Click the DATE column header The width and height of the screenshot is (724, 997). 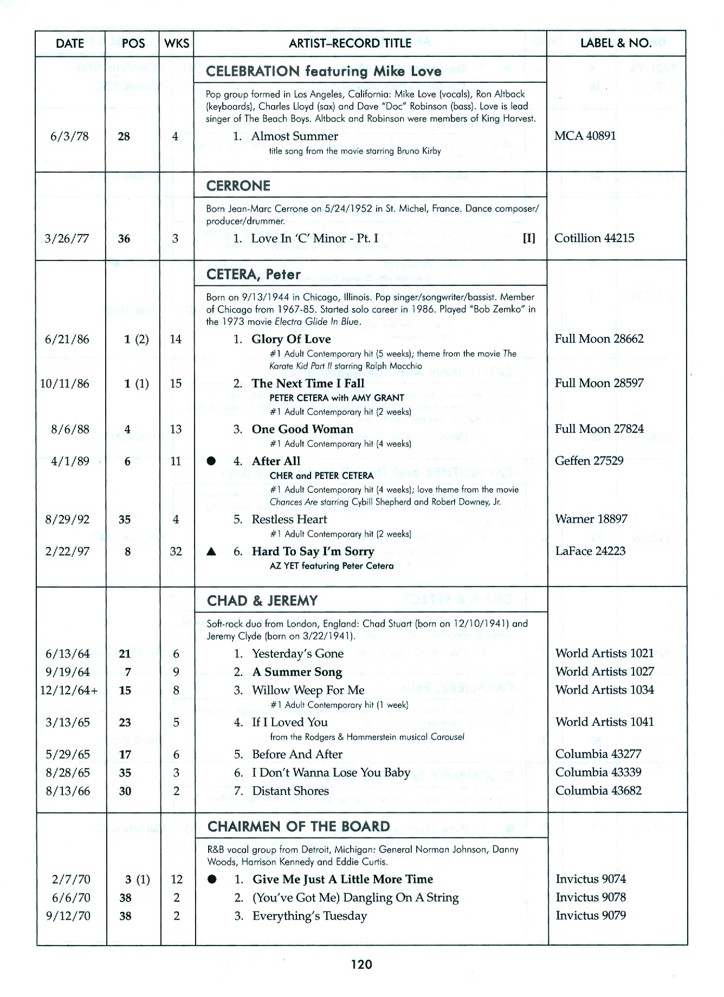pos(70,43)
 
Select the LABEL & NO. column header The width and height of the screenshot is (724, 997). pos(616,43)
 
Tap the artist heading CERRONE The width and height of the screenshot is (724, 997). pos(238,186)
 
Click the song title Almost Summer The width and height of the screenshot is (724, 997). pos(294,136)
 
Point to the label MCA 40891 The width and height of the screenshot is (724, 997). pos(585,135)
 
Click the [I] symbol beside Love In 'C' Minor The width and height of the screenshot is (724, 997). pos(529,238)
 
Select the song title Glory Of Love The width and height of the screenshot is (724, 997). pos(291,339)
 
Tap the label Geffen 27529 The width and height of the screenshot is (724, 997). pos(589,460)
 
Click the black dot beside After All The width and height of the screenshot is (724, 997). pos(211,461)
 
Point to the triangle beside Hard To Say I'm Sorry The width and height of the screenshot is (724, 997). pos(212,552)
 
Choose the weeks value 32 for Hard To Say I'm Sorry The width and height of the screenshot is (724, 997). pos(176,551)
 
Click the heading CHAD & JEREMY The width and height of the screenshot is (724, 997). pos(262,601)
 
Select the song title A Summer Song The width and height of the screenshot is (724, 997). pos(297,672)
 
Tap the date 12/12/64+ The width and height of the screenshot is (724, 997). pos(69,690)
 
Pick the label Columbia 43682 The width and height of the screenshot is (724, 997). pos(598,790)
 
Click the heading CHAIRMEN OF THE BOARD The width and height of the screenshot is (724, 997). pos(299,826)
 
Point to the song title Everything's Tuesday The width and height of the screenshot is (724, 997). pos(309,916)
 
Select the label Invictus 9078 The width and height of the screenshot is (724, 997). pos(590,897)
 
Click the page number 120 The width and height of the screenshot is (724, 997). pos(361,964)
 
